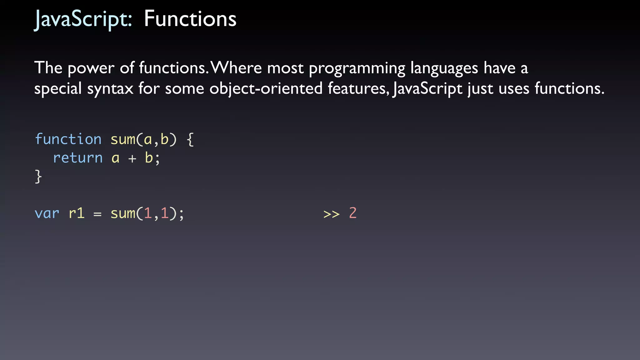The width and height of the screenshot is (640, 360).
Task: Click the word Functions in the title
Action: click(x=190, y=19)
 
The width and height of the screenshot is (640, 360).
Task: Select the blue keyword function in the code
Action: click(x=68, y=139)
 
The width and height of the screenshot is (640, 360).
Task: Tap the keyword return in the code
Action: click(x=78, y=158)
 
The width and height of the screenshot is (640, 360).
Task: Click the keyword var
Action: click(x=47, y=213)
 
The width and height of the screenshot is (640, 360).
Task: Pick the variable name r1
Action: click(x=77, y=213)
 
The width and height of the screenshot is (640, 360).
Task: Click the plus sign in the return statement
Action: click(x=132, y=158)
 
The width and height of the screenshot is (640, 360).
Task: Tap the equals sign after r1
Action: click(x=97, y=214)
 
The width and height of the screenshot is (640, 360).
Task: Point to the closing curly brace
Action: click(x=38, y=177)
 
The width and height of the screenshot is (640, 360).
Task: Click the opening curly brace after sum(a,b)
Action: click(x=190, y=139)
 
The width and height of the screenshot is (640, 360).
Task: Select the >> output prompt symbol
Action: click(x=331, y=214)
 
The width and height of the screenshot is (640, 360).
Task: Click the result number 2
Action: click(x=353, y=213)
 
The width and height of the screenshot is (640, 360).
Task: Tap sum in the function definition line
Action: click(x=123, y=139)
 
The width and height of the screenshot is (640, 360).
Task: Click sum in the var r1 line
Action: click(x=123, y=213)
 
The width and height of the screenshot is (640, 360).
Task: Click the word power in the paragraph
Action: click(x=91, y=68)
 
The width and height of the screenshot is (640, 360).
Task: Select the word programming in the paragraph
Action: click(x=357, y=68)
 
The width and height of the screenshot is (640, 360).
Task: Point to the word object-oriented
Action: click(x=266, y=88)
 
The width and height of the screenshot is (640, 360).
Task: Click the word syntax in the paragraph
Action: click(x=110, y=88)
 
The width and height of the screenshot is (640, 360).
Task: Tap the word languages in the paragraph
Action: click(x=444, y=68)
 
